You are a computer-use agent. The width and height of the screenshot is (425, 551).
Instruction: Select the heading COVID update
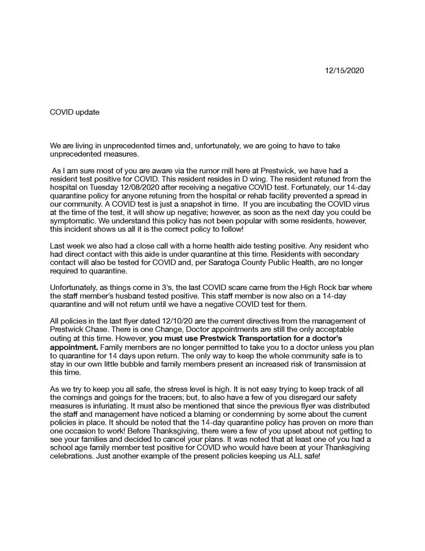point(75,112)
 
